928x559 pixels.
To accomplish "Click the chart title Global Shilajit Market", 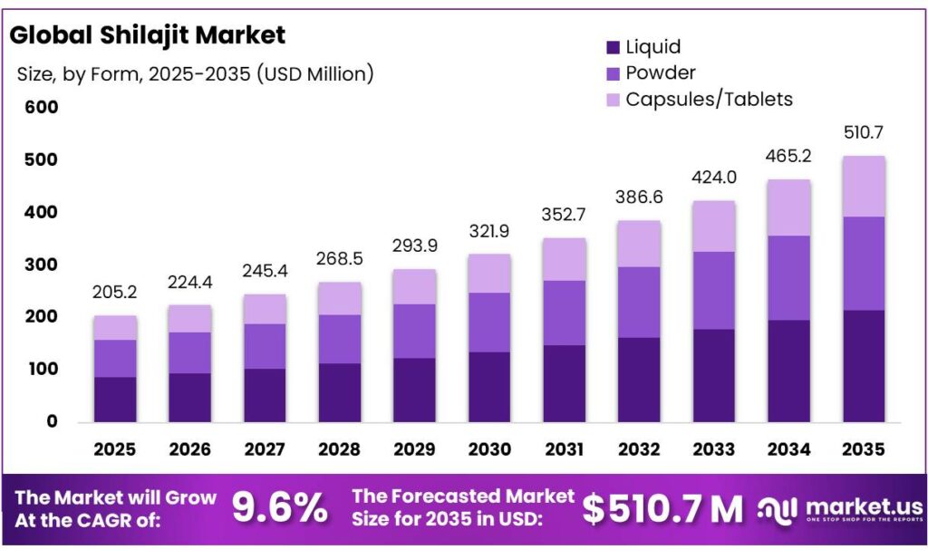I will [147, 35].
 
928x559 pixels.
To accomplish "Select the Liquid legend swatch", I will [613, 47].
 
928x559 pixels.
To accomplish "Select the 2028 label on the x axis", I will [340, 448].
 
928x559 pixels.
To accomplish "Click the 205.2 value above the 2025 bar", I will [115, 294].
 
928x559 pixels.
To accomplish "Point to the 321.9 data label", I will [489, 232].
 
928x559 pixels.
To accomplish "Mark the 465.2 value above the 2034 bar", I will [788, 157].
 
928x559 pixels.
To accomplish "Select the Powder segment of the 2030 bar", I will [489, 323].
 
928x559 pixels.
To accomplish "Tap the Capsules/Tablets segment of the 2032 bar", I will [639, 244].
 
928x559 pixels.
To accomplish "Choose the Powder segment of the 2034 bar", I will [788, 278].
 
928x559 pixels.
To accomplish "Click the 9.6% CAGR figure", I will [280, 508].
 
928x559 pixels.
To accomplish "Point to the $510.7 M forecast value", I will [662, 509].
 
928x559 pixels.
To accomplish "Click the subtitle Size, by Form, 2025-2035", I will [195, 73].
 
